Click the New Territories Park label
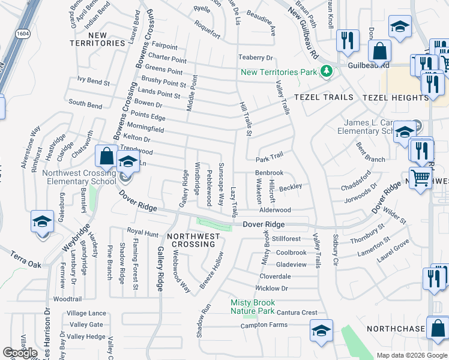click(279, 72)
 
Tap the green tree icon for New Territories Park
click(326, 72)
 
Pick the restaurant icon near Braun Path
click(347, 41)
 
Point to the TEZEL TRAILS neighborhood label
click(321, 97)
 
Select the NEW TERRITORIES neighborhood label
click(98, 39)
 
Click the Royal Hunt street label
click(142, 232)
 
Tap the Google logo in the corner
click(20, 353)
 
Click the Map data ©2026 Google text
click(412, 355)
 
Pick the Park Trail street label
click(269, 160)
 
